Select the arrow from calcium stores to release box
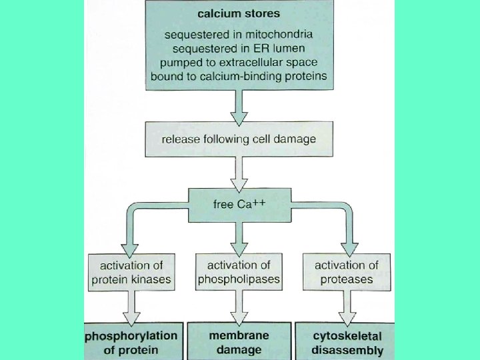(x=239, y=106)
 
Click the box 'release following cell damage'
(x=239, y=139)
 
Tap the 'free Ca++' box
(x=239, y=204)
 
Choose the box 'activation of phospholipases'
(x=239, y=272)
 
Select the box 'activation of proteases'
(x=347, y=272)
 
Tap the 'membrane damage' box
(x=239, y=342)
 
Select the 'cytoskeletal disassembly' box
(x=347, y=342)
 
